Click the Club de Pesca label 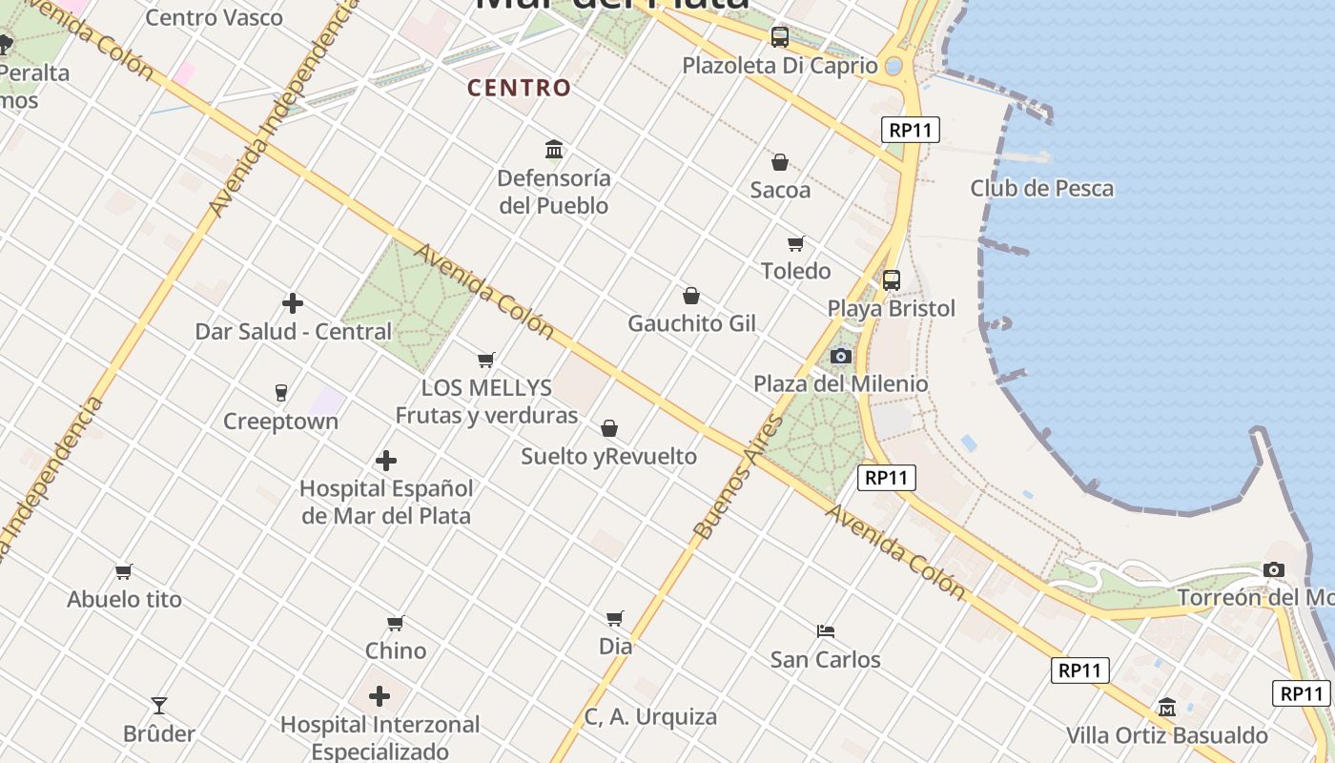point(1041,188)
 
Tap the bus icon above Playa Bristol point(891,280)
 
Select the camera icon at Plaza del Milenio point(840,356)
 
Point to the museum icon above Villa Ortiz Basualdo point(1166,707)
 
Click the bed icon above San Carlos point(826,630)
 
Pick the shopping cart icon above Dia point(615,618)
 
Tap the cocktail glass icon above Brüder point(159,706)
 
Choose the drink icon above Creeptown point(280,392)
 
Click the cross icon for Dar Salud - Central point(293,303)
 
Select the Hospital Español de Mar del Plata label point(386,502)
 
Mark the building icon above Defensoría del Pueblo point(553,149)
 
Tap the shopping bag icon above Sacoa point(779,162)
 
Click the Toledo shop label point(795,271)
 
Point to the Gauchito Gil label point(691,323)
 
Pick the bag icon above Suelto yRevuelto point(608,428)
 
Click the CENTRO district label point(519,88)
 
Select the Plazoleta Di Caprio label point(779,66)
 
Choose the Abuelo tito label point(124,599)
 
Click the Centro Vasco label point(214,17)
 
